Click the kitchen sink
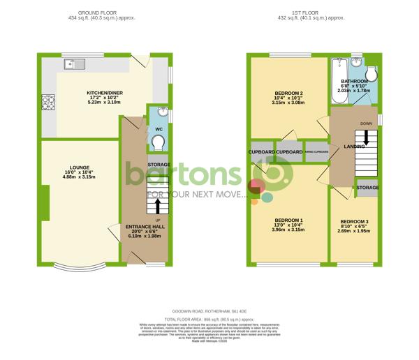point(73,65)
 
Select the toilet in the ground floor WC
point(159,142)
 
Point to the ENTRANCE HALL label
point(144,227)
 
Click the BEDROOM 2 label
point(286,93)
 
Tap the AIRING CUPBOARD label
point(316,151)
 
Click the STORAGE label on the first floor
point(367,188)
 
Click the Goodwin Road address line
point(209,310)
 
